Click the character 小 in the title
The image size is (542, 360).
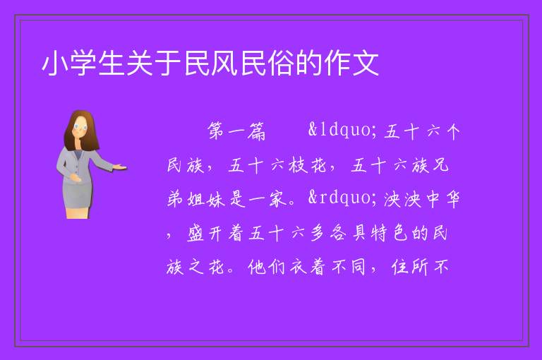click(x=55, y=64)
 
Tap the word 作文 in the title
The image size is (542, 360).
click(x=351, y=64)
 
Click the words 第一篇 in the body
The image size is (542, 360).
click(x=236, y=131)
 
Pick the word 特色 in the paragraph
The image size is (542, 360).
click(x=390, y=234)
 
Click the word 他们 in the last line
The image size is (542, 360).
click(x=267, y=267)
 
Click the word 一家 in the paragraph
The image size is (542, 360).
click(x=267, y=199)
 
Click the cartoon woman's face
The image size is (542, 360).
click(x=80, y=127)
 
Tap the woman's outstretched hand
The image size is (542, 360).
click(x=119, y=167)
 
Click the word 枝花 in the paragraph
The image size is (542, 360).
click(x=308, y=165)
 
